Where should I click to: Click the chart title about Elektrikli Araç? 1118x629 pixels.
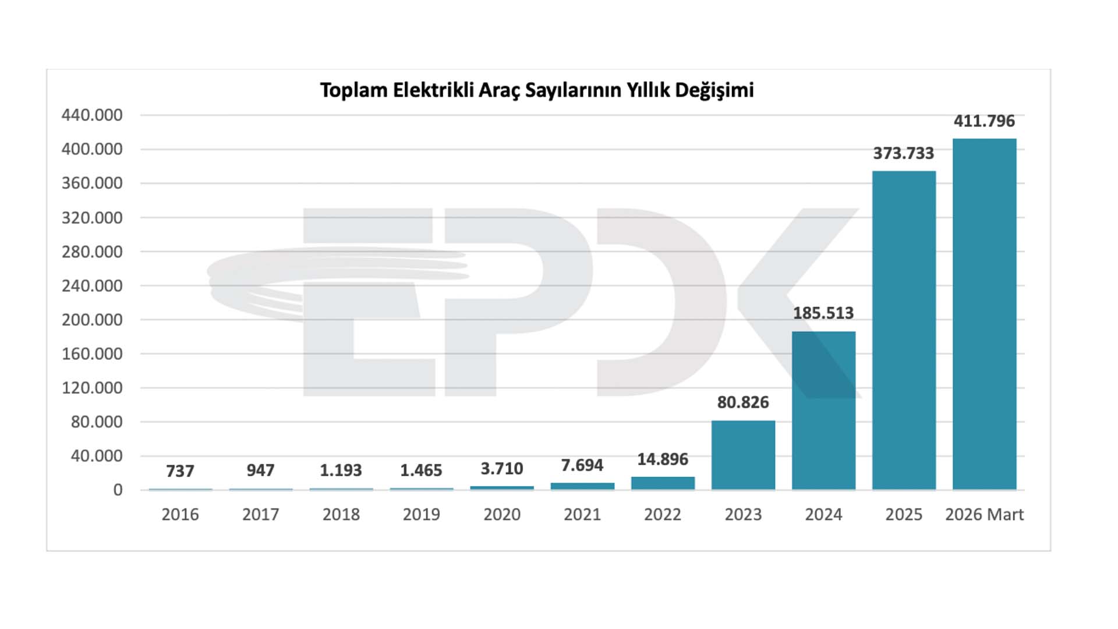pyautogui.click(x=536, y=90)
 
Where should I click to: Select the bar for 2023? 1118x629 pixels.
pyautogui.click(x=743, y=455)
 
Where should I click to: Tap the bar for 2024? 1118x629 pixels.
pyautogui.click(x=823, y=411)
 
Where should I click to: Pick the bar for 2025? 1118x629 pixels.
pyautogui.click(x=904, y=330)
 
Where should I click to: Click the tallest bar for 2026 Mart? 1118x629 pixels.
pyautogui.click(x=984, y=314)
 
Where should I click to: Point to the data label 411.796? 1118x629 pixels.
pyautogui.click(x=984, y=121)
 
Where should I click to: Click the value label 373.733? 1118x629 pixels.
pyautogui.click(x=903, y=153)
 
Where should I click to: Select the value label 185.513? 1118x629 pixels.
pyautogui.click(x=823, y=313)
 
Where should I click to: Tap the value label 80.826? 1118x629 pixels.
pyautogui.click(x=743, y=402)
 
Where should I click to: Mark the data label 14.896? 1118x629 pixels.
pyautogui.click(x=663, y=460)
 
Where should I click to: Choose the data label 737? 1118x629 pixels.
pyautogui.click(x=180, y=471)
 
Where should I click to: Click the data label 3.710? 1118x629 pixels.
pyautogui.click(x=501, y=469)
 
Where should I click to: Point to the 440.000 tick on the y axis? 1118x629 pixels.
pyautogui.click(x=92, y=115)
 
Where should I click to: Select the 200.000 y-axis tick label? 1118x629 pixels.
pyautogui.click(x=92, y=320)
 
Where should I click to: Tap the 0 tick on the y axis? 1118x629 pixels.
pyautogui.click(x=118, y=490)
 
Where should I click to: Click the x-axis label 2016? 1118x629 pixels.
pyautogui.click(x=180, y=515)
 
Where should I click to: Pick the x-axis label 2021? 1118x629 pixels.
pyautogui.click(x=582, y=515)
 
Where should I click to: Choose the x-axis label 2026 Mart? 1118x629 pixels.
pyautogui.click(x=984, y=515)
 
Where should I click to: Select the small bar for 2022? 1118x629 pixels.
pyautogui.click(x=663, y=483)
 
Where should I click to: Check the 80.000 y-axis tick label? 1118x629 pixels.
pyautogui.click(x=97, y=422)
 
